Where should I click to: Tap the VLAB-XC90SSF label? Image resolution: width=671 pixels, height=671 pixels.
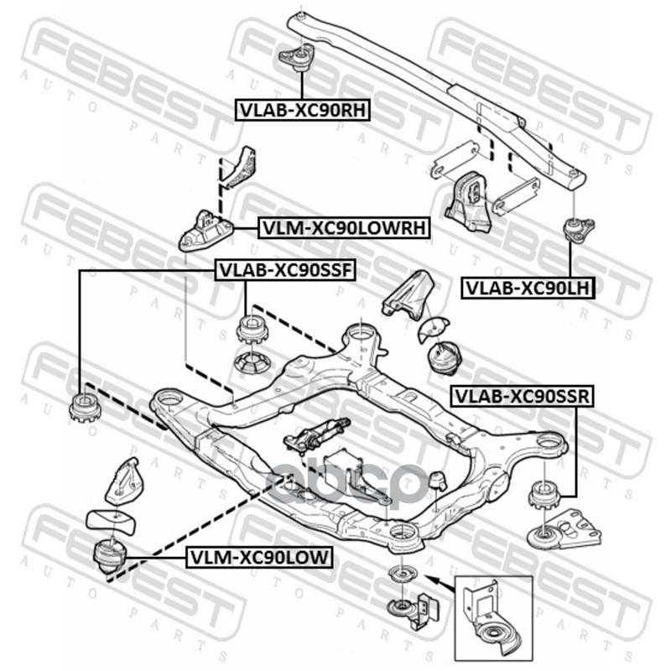pos(286,270)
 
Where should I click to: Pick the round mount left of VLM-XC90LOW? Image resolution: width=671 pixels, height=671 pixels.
pos(109,557)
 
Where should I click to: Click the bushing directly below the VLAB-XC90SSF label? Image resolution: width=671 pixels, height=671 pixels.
pos(251,328)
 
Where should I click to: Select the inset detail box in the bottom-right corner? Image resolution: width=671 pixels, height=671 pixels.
pos(492,617)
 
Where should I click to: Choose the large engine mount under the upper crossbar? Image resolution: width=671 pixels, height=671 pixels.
pos(463,204)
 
